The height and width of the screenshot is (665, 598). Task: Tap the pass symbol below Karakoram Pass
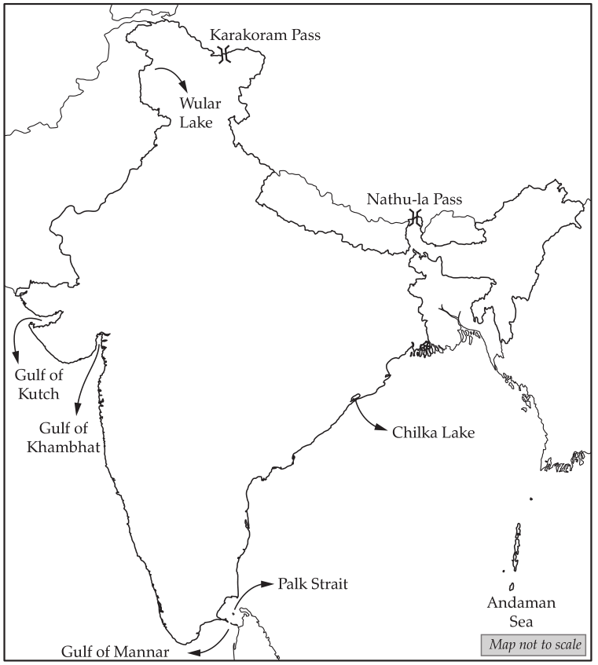[x=225, y=54]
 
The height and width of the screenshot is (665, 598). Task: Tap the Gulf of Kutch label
[x=39, y=384]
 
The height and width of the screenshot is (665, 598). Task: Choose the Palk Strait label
[x=312, y=584]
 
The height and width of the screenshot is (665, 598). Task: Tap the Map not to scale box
[x=533, y=645]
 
